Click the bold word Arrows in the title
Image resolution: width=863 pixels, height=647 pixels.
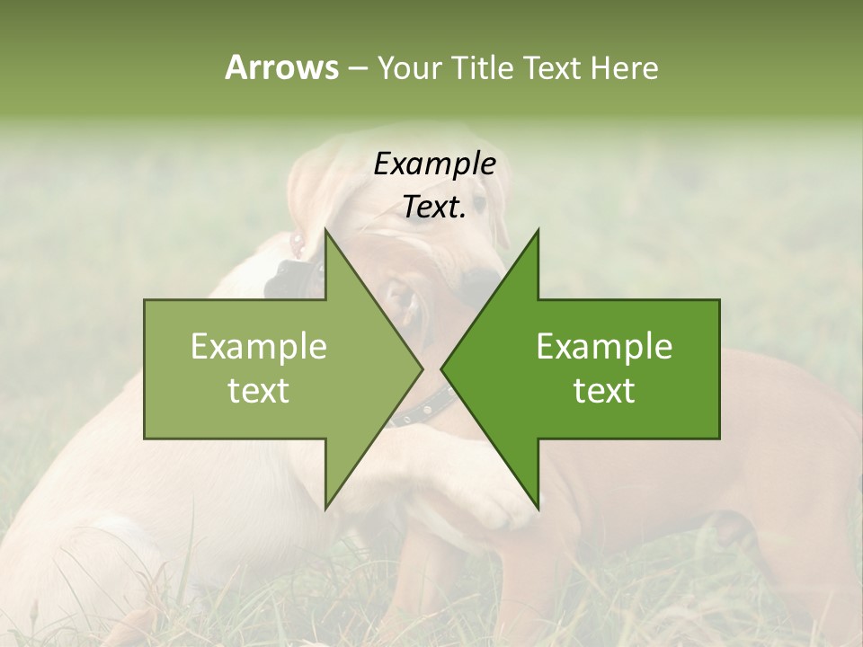click(281, 67)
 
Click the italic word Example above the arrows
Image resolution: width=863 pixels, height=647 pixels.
click(434, 164)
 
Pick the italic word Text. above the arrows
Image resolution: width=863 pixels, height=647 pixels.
click(434, 208)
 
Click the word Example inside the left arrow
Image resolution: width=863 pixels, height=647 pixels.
click(259, 346)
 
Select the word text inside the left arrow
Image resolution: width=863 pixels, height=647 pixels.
click(259, 391)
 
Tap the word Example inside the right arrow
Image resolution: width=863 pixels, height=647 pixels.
click(604, 346)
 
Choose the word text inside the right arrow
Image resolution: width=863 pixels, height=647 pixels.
click(604, 391)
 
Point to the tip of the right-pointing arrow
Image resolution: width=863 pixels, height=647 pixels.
click(423, 369)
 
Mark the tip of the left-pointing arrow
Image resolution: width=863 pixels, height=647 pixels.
click(441, 369)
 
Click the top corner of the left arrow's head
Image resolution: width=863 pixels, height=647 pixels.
click(325, 230)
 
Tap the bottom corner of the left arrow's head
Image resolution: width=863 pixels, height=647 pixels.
click(325, 509)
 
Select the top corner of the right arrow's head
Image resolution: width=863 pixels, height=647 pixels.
click(538, 230)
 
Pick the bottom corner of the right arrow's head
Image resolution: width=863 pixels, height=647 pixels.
click(538, 509)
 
